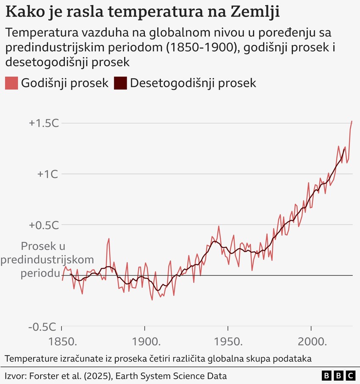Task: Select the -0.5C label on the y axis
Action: tap(43, 326)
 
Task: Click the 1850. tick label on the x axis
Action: tap(63, 342)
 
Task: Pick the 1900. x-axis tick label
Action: tap(146, 342)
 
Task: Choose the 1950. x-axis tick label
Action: tap(229, 342)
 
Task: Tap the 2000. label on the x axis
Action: tap(312, 342)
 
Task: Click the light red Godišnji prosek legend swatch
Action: tap(11, 83)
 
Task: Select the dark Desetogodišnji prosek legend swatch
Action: tap(120, 83)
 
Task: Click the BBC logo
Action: tap(338, 376)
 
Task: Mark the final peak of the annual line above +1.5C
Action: tap(352, 121)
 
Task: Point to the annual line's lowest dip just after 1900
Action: tap(152, 300)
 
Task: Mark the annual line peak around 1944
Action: tap(219, 226)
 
